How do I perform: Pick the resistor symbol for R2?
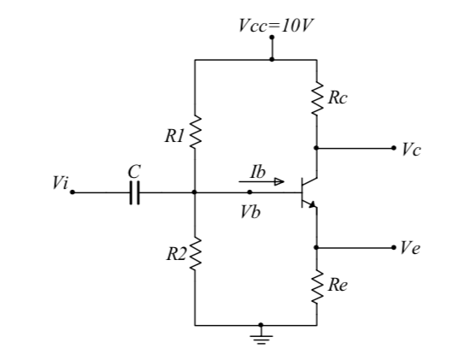pos(195,253)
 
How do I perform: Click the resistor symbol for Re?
pos(316,286)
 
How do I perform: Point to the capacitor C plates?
pos(132,193)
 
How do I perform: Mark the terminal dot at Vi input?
pos(73,193)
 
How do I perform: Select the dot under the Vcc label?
pos(272,38)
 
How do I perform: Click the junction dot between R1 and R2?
pos(195,193)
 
